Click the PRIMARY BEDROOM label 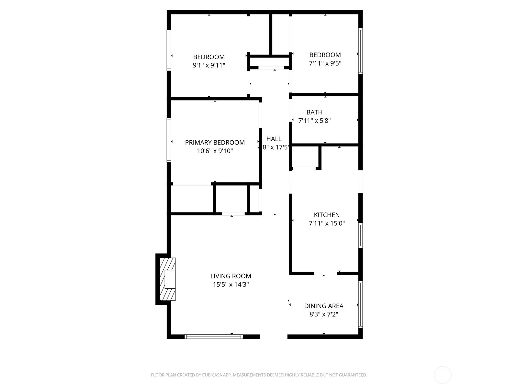coord(215,142)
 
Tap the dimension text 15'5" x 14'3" coord(231,285)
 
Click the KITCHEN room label coord(327,215)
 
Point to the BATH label coord(314,112)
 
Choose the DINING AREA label coord(323,306)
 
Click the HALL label coord(274,139)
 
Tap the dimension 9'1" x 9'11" coord(209,65)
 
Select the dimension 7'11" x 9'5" coord(325,63)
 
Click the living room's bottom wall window coord(214,337)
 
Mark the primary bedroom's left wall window coord(169,140)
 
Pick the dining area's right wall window coord(360,305)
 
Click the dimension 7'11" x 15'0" coord(327,223)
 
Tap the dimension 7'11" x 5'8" coord(314,121)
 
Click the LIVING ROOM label coord(231,276)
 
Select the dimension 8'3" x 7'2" coord(323,314)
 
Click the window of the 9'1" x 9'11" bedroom coord(169,50)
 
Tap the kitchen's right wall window coord(360,235)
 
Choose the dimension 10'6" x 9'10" coord(215,151)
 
